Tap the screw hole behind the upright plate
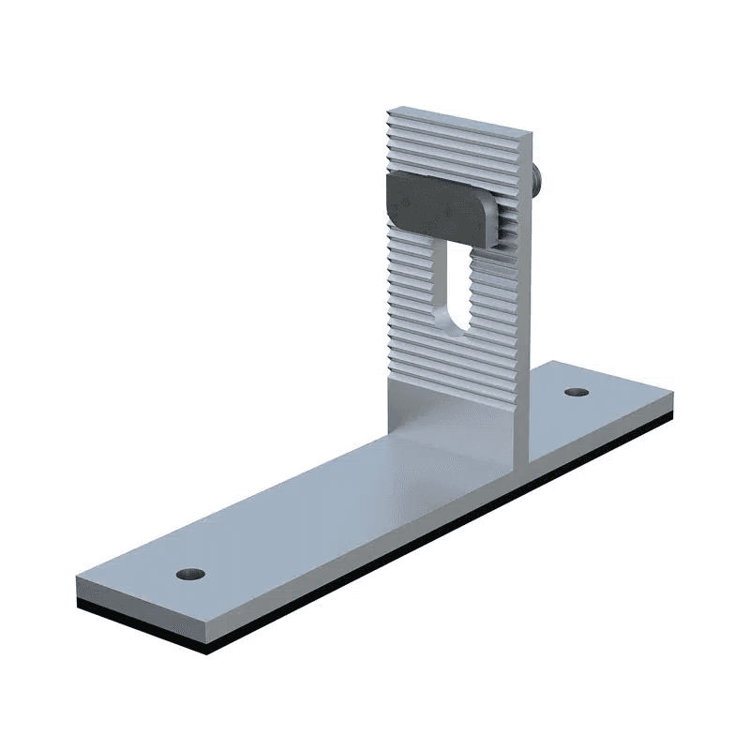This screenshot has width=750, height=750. click(x=577, y=390)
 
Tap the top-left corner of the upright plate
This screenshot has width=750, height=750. click(x=387, y=110)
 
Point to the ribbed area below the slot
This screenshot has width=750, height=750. click(x=455, y=370)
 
